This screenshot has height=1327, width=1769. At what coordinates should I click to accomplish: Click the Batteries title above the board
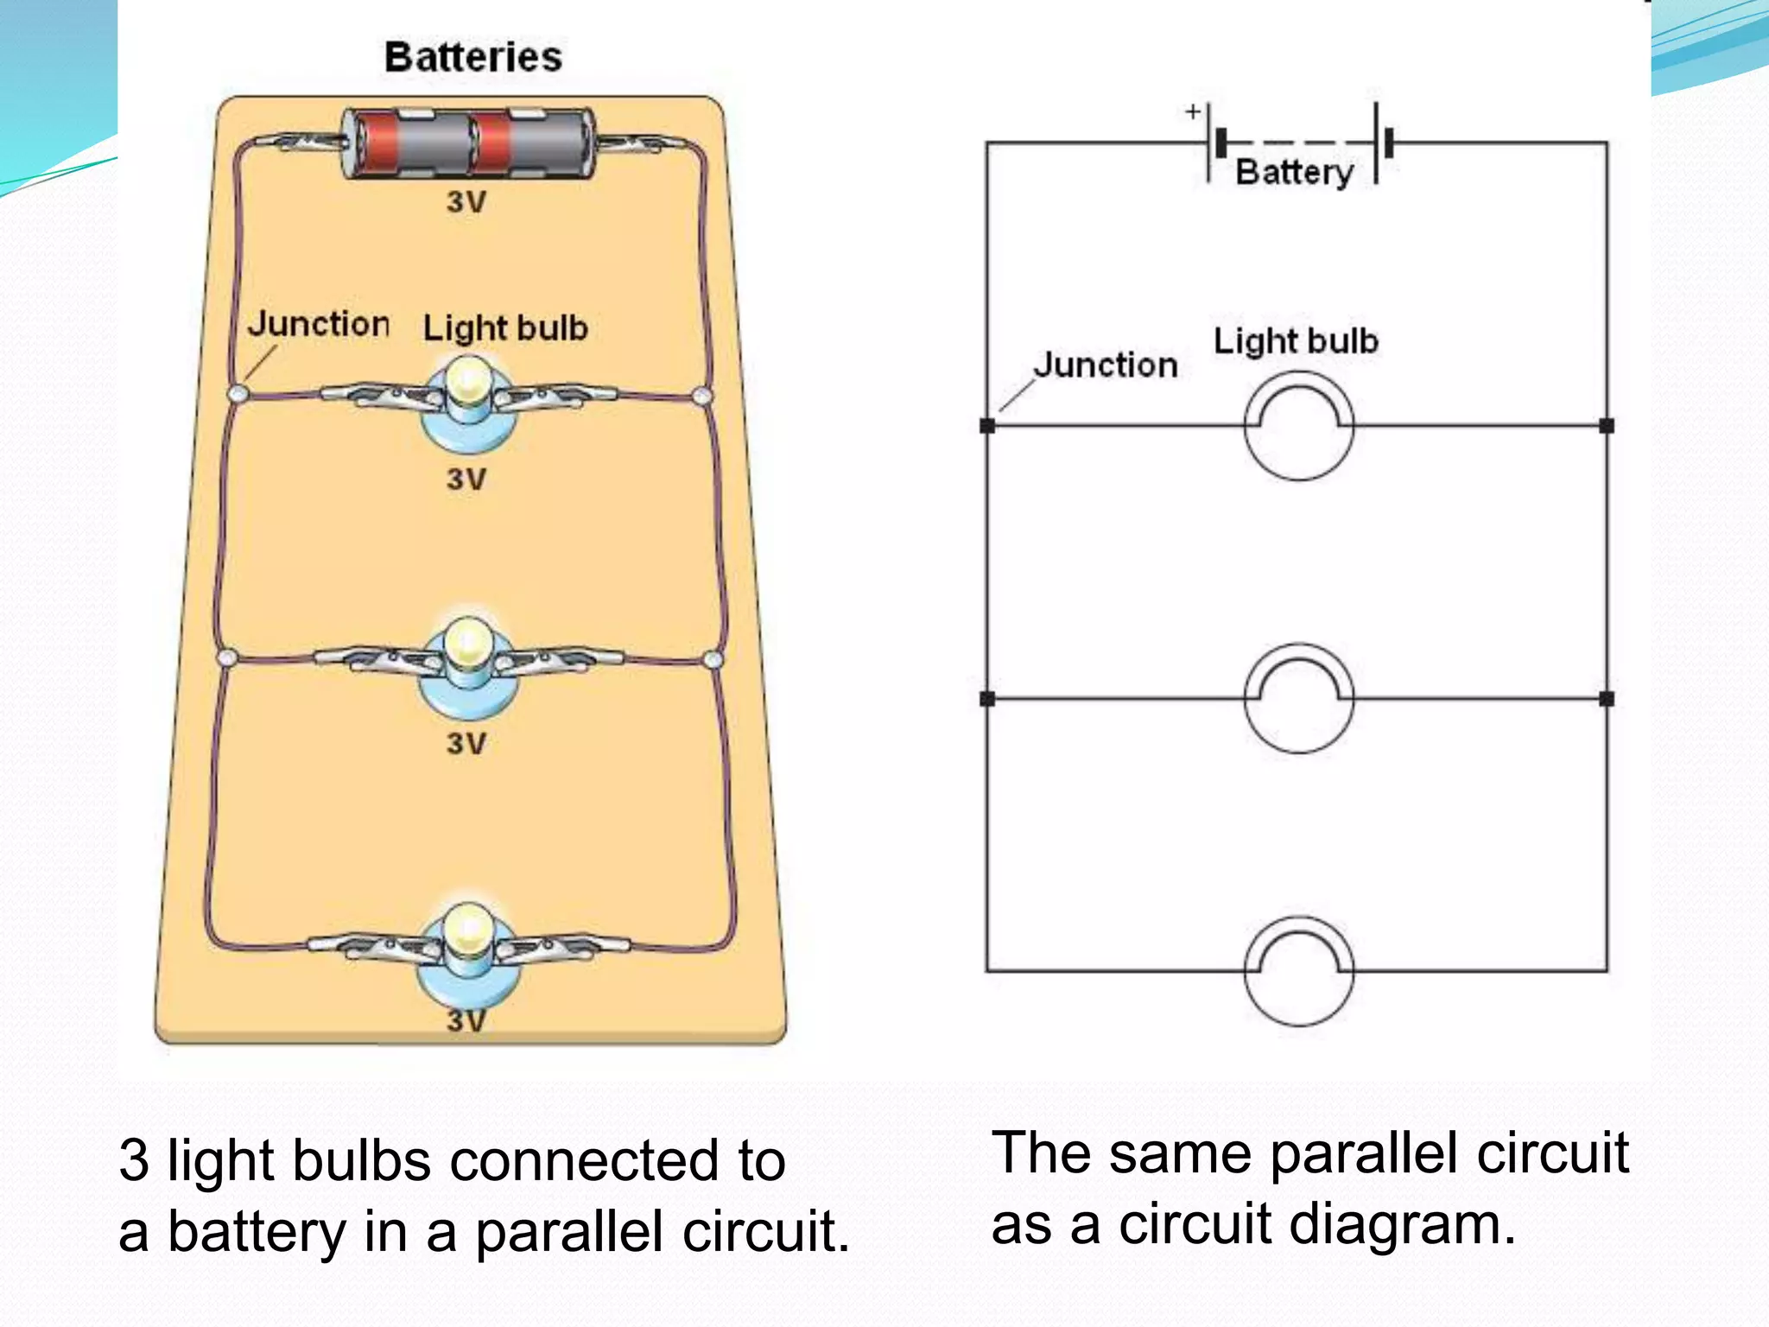(472, 57)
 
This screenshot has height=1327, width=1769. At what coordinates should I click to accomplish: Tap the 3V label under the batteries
(466, 202)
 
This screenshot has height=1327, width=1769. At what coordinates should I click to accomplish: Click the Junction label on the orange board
(319, 324)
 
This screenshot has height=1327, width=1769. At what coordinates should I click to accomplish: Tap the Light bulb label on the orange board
(505, 328)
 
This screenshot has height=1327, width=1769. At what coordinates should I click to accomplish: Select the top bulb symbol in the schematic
(1298, 427)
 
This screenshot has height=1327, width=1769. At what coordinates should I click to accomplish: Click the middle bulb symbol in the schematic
(1298, 699)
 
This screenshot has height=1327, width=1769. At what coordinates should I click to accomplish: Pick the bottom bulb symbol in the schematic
(1298, 971)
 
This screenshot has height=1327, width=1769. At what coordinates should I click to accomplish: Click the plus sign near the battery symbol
(1193, 111)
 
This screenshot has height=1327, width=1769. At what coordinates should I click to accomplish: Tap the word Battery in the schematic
(1294, 172)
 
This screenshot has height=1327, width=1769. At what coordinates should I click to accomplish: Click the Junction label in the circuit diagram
(1106, 365)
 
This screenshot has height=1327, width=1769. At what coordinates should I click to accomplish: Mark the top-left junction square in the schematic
(987, 426)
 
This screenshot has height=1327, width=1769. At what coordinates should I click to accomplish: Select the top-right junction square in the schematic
(1607, 426)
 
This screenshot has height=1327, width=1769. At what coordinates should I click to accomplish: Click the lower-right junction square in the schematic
(1607, 699)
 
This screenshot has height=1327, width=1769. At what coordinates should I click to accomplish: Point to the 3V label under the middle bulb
(466, 743)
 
